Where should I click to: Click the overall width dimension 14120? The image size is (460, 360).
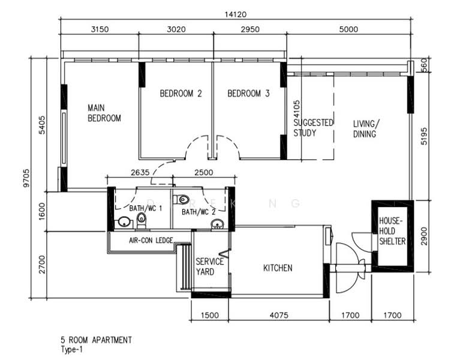click(x=235, y=14)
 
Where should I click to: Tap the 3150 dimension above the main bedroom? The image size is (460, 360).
click(x=100, y=29)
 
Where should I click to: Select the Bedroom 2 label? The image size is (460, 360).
click(x=181, y=94)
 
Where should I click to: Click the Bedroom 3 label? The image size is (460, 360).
click(x=248, y=94)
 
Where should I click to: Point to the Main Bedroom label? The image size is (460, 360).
click(x=104, y=113)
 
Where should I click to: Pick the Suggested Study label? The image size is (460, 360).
click(x=313, y=128)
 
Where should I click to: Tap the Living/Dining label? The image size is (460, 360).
click(x=366, y=129)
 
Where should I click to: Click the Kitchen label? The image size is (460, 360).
click(x=278, y=268)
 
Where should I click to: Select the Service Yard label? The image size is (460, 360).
click(x=209, y=266)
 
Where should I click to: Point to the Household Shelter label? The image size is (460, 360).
click(x=392, y=231)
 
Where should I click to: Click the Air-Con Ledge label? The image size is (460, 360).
click(x=151, y=240)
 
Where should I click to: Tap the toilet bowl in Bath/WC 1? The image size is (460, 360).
click(x=142, y=220)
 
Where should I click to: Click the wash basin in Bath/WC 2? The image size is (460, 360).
click(x=217, y=224)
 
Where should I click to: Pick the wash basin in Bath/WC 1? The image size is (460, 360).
click(x=125, y=222)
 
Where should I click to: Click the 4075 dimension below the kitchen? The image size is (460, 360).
click(x=279, y=316)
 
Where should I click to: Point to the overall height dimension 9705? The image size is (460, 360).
click(x=26, y=178)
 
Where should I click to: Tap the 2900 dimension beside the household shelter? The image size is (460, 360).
click(x=424, y=236)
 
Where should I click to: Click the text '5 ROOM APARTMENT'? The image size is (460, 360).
click(x=96, y=340)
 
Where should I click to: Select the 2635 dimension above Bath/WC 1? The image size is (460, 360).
click(x=140, y=173)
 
